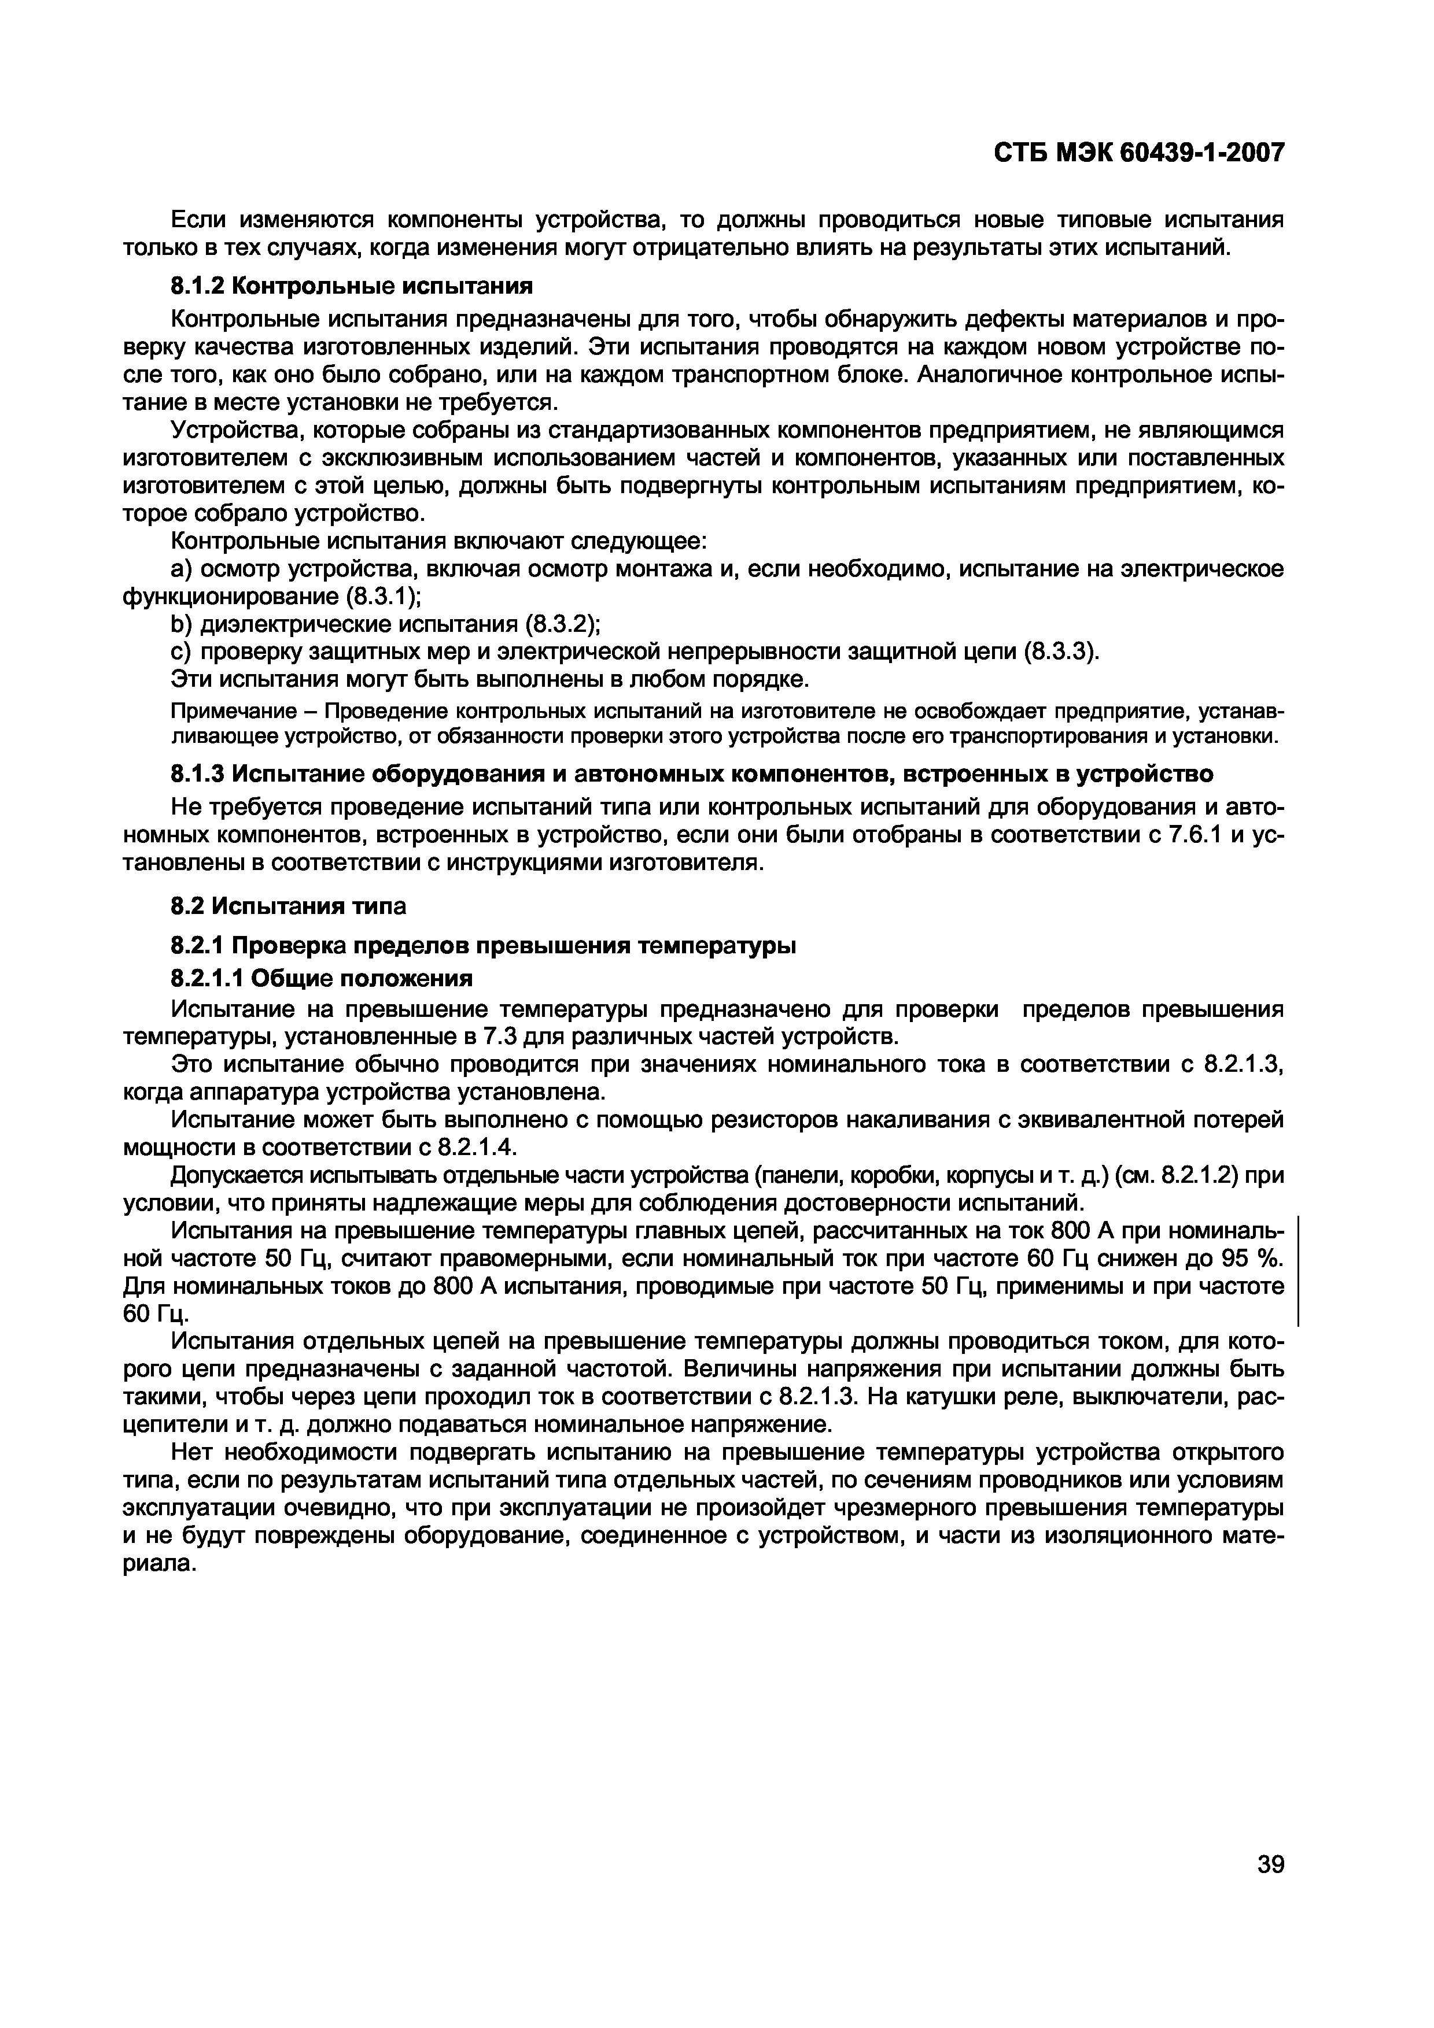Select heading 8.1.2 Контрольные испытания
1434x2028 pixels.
coord(352,286)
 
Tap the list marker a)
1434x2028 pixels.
coord(180,569)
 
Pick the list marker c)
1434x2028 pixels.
coord(180,652)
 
